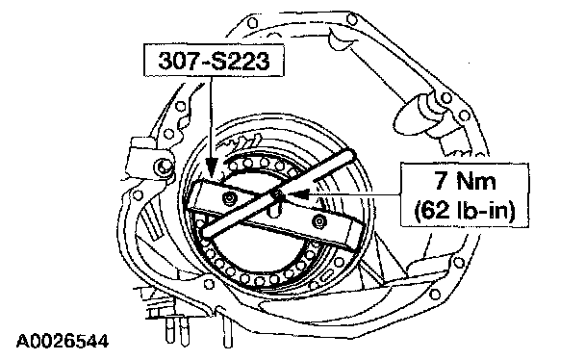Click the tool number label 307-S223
coord(214,61)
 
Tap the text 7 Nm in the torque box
coord(465,181)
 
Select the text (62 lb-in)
coord(465,211)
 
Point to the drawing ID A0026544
coord(63,342)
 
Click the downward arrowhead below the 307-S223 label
coord(212,167)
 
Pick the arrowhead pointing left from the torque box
coord(297,194)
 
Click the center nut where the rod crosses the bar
coord(278,194)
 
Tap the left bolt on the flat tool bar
coord(228,197)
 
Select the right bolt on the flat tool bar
coord(319,221)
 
